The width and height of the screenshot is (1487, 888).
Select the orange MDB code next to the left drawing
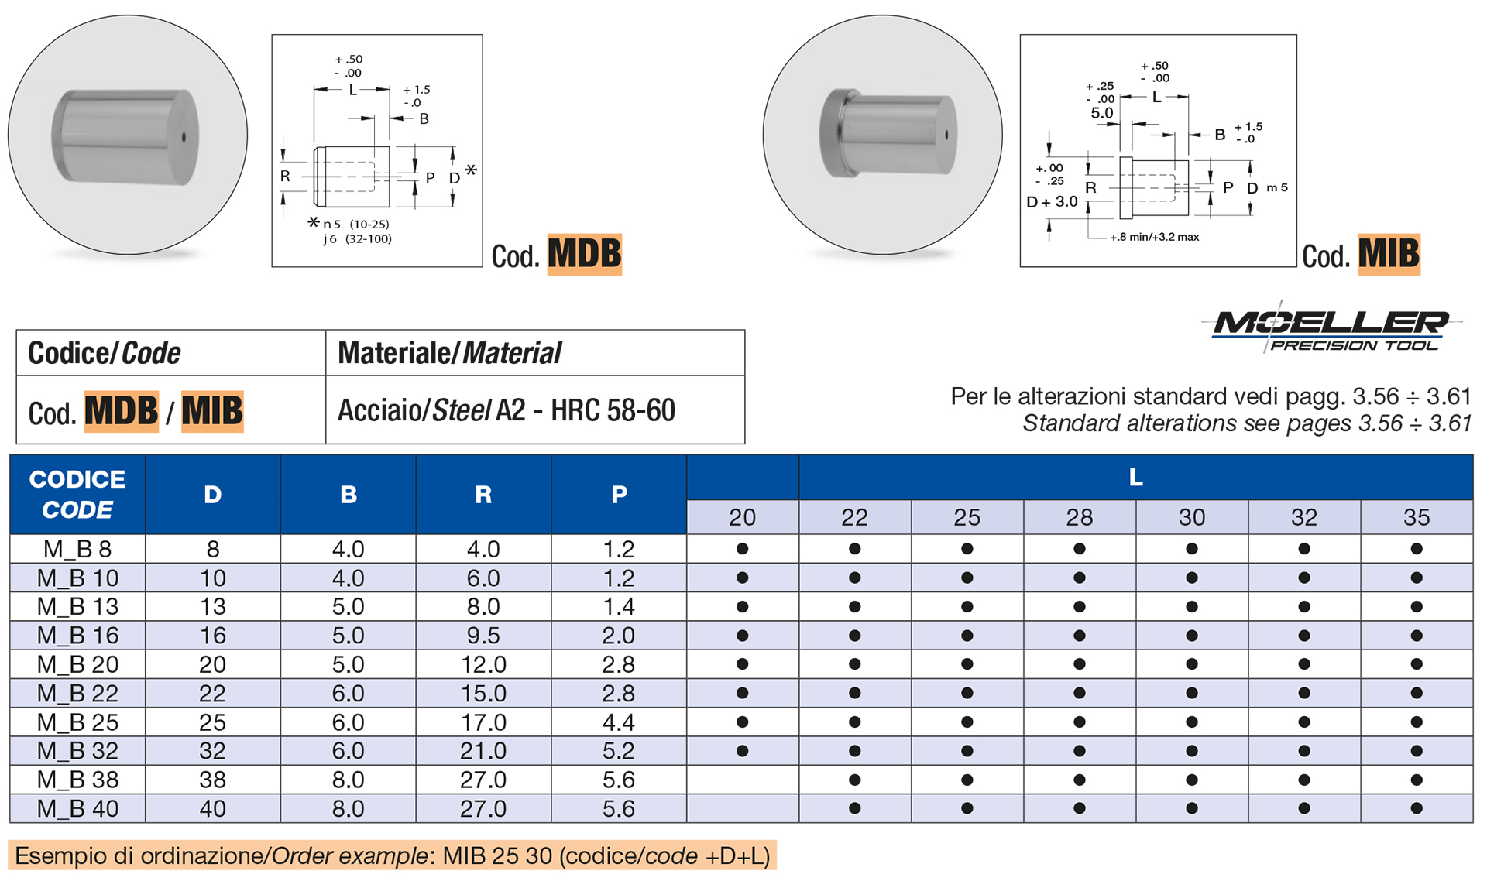point(584,254)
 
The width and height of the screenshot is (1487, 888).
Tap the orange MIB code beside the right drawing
point(1389,254)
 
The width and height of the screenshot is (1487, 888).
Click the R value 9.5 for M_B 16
point(483,636)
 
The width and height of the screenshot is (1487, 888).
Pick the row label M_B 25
point(77,722)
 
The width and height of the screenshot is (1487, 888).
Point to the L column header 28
point(1079,517)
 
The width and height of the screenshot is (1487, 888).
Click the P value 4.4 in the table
point(618,722)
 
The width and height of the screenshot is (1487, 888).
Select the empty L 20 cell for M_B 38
point(742,780)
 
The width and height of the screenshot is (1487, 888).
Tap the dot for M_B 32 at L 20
point(742,751)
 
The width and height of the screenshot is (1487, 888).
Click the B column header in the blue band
point(348,495)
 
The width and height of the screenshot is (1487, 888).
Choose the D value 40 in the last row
point(212,809)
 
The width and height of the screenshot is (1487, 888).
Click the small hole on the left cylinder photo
point(184,138)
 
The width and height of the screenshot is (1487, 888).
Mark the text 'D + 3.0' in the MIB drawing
point(1051,202)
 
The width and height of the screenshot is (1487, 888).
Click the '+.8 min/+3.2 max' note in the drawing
point(1154,237)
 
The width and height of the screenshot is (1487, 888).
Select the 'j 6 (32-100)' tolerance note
point(357,239)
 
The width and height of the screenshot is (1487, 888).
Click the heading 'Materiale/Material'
point(449,353)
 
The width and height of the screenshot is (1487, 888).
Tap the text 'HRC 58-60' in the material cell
point(613,410)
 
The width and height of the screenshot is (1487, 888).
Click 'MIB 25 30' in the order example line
point(497,856)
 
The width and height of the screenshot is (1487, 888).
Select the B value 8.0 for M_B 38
point(348,780)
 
